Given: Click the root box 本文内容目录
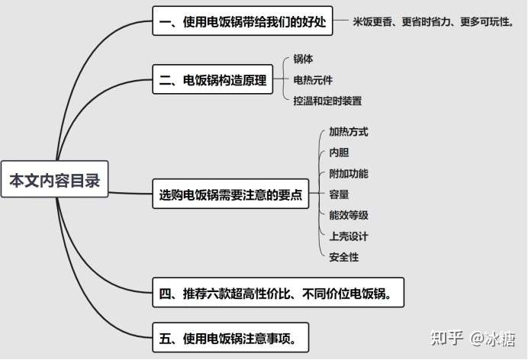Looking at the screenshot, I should [x=54, y=180].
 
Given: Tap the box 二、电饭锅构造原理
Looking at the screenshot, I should [x=214, y=80].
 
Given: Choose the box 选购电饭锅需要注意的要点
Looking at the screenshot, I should [x=230, y=194].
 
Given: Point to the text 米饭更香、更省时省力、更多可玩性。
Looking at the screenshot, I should [x=433, y=23].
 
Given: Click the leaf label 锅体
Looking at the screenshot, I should [x=304, y=59].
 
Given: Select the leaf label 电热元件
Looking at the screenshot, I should [x=313, y=79].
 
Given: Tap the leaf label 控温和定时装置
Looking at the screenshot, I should [x=327, y=101].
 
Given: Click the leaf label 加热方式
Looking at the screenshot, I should [x=348, y=132].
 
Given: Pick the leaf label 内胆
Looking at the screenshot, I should [x=339, y=153].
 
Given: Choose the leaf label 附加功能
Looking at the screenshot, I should [x=348, y=174].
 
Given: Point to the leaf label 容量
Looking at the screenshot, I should [x=339, y=194].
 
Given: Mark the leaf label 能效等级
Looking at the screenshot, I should [x=348, y=216].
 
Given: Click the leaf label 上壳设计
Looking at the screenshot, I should [x=348, y=236].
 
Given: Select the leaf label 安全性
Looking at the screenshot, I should [x=343, y=257].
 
